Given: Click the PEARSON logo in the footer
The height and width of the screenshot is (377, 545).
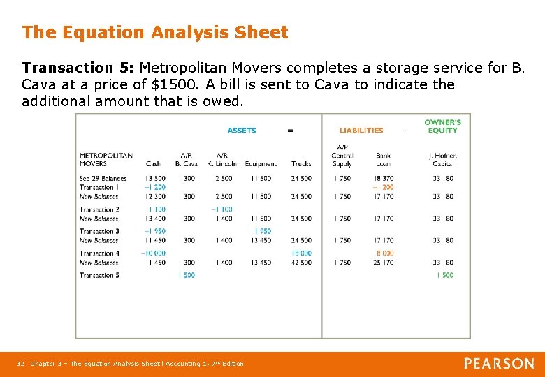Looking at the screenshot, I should pos(499,364).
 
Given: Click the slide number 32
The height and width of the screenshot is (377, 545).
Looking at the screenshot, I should pos(20,364).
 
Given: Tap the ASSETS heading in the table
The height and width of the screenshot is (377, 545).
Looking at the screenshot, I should pos(242,131).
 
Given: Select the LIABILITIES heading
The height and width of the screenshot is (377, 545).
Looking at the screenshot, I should pos(361,131).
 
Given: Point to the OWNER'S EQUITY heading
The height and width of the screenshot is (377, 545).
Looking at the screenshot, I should pos(442,126).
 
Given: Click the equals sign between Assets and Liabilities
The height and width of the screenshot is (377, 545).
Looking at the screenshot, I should pos(290,131).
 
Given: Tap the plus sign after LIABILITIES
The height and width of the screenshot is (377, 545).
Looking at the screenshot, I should pos(405,131).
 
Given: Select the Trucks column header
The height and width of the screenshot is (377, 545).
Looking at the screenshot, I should pos(301,164).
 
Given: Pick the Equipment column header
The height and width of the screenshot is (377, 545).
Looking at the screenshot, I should pos(261,164).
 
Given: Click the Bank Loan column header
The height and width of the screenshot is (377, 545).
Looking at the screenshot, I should pos(384,160).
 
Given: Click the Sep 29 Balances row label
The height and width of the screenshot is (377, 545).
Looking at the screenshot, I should pos(103,179).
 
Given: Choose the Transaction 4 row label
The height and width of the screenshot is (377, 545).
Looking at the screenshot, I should pos(99,253).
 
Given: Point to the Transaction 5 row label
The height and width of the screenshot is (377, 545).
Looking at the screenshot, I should pos(99,275).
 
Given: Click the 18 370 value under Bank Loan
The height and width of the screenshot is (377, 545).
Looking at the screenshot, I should pos(384,179).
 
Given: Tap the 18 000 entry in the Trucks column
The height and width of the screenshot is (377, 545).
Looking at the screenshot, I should pos(301,253).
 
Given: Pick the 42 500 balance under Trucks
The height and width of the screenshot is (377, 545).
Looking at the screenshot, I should pos(301,263).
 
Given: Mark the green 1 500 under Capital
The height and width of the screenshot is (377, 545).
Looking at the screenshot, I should pos(444,275).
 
